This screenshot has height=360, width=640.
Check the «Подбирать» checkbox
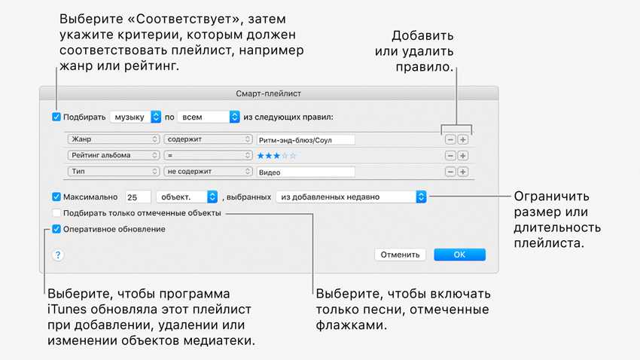pos(56,117)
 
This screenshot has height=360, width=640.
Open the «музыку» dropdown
pos(136,117)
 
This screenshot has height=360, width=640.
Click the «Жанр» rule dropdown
pos(114,139)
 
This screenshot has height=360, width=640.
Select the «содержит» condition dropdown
pos(208,139)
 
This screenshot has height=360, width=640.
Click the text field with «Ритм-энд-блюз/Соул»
pos(306,140)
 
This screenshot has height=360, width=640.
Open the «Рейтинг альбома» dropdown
pos(114,155)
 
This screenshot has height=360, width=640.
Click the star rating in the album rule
pos(277,156)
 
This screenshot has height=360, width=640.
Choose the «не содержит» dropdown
pos(208,172)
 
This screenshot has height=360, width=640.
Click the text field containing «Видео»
pos(306,172)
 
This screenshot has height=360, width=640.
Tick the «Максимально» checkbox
pos(56,197)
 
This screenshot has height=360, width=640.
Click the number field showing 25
pos(138,197)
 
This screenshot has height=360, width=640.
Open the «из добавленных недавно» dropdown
pos(350,197)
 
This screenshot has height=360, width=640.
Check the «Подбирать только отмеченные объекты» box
pos(56,213)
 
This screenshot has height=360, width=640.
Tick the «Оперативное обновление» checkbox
pos(56,229)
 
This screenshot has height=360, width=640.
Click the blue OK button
pos(459,255)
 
